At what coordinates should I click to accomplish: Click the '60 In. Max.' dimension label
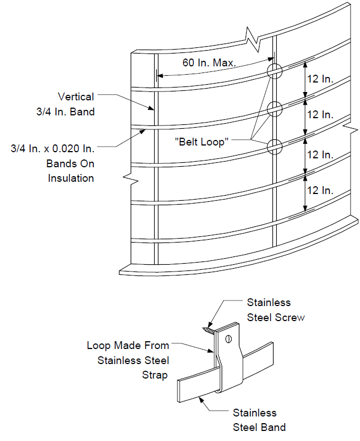pyautogui.click(x=209, y=62)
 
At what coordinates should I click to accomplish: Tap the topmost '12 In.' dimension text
pyautogui.click(x=320, y=79)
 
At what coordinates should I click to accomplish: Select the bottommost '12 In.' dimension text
pyautogui.click(x=320, y=191)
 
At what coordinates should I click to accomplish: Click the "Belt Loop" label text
pyautogui.click(x=201, y=142)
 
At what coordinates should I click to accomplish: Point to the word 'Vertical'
pyautogui.click(x=76, y=97)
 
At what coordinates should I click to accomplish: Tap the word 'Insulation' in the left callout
pyautogui.click(x=71, y=178)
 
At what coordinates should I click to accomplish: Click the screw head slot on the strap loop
pyautogui.click(x=228, y=340)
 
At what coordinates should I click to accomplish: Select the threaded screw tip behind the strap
pyautogui.click(x=208, y=330)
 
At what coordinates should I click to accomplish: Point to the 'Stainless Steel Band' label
pyautogui.click(x=259, y=420)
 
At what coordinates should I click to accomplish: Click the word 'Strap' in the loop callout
pyautogui.click(x=155, y=375)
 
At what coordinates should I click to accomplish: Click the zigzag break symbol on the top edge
pyautogui.click(x=253, y=40)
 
